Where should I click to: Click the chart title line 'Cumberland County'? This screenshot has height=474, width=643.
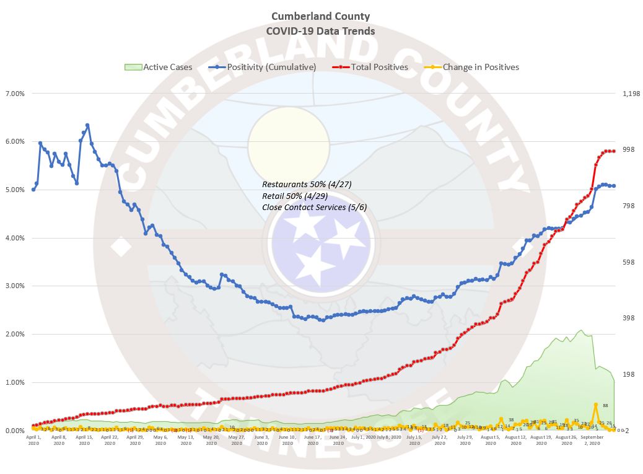tap(320, 16)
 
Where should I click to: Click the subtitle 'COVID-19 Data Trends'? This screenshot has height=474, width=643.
tap(320, 30)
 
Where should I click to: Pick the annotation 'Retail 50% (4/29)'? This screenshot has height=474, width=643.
tap(295, 196)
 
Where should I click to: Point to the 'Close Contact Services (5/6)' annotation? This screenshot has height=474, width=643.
tap(314, 207)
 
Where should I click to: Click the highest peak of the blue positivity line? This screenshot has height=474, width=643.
tap(87, 125)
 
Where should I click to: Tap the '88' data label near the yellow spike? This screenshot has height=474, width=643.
tap(605, 406)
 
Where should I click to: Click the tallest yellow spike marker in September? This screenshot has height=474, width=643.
tap(596, 405)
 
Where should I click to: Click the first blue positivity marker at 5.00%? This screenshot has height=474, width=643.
tap(33, 190)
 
